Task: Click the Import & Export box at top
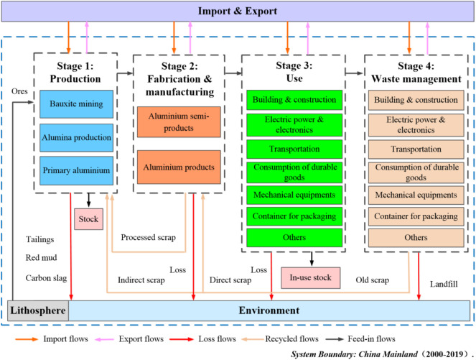click(238, 11)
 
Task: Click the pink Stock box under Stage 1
click(89, 217)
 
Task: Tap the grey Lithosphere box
click(38, 311)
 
